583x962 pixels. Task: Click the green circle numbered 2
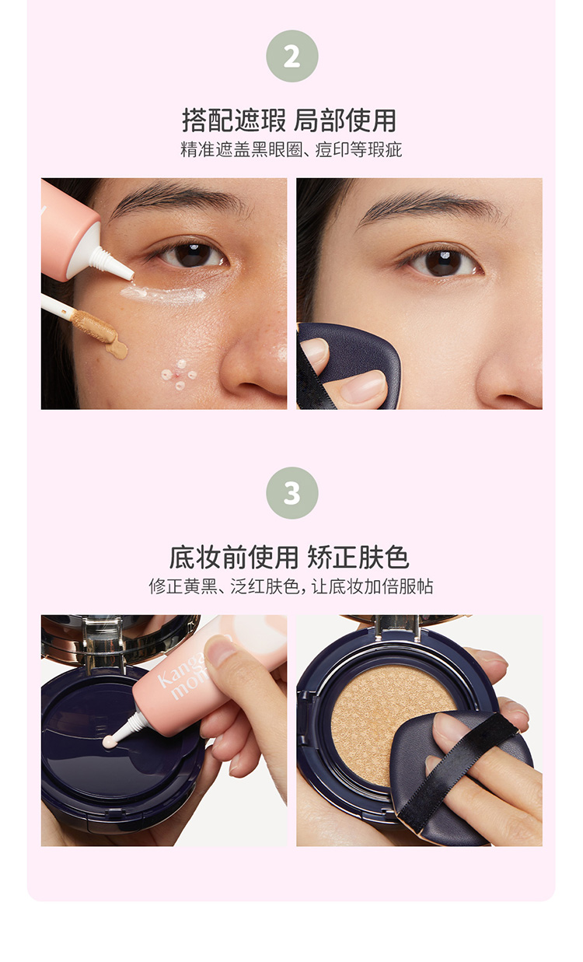tap(292, 56)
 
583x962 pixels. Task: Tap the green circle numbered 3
tap(292, 493)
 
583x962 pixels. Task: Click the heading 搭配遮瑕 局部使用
tap(289, 121)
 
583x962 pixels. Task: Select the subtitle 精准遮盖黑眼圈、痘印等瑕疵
tap(291, 149)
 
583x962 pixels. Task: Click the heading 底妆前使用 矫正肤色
tap(289, 558)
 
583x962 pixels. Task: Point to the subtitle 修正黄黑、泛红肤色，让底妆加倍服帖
tap(291, 586)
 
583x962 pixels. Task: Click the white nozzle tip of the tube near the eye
tap(124, 271)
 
